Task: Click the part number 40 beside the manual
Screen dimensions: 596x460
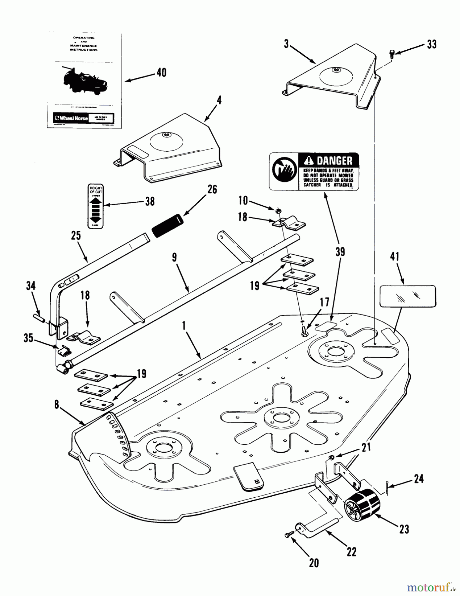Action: (x=161, y=72)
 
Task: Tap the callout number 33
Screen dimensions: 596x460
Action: (x=432, y=44)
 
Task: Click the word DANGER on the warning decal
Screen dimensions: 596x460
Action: (x=334, y=161)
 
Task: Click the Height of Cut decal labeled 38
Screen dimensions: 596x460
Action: (x=96, y=206)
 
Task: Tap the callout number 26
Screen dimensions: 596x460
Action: (x=212, y=189)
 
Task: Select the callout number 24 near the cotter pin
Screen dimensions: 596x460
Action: (x=419, y=478)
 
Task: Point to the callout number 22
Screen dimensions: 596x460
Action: (x=351, y=551)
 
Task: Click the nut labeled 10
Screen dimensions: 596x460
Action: (x=279, y=210)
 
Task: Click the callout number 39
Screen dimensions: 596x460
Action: (x=340, y=252)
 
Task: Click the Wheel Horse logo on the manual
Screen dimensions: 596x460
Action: (x=72, y=118)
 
